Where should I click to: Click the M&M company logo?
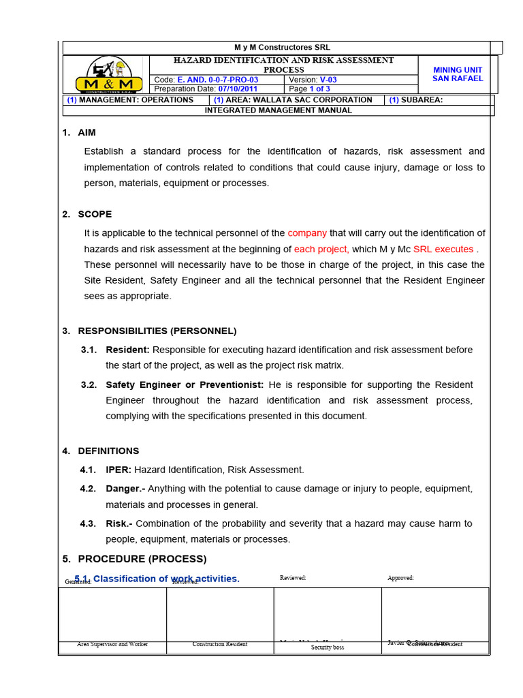[109, 75]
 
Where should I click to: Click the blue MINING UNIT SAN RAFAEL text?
[458, 74]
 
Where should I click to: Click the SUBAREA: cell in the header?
[416, 100]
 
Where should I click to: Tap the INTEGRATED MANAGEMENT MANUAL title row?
[279, 110]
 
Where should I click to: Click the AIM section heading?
[86, 132]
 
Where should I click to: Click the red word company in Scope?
[307, 233]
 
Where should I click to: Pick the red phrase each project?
[321, 249]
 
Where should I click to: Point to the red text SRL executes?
[443, 249]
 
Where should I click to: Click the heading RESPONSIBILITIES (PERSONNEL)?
[157, 331]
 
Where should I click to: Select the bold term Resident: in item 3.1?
[127, 350]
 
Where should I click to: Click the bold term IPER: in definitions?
[118, 470]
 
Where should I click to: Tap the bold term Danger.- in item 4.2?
[125, 489]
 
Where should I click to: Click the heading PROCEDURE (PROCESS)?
[142, 559]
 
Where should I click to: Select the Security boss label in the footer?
[328, 648]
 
